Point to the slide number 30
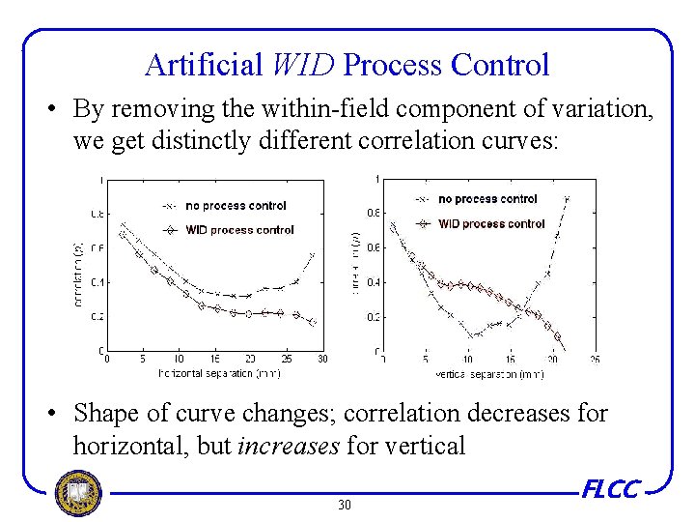point(346,506)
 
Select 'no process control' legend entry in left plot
point(236,205)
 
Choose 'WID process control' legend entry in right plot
point(490,223)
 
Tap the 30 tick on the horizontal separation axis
point(321,359)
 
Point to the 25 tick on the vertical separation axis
point(595,359)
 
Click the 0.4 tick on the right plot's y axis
point(373,282)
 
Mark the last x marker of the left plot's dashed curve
point(313,255)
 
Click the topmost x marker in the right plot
point(567,199)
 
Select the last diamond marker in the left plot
point(313,322)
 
